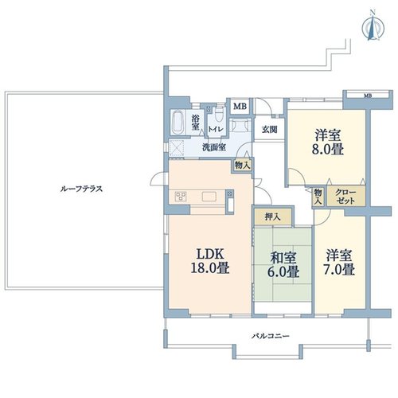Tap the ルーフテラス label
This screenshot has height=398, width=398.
coord(81,189)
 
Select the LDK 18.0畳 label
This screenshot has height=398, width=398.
coord(210,261)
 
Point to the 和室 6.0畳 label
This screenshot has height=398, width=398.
coord(283,264)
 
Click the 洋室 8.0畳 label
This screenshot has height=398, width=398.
coord(328,142)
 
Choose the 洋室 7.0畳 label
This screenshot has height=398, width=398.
coord(339,262)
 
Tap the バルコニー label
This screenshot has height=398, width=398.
coord(271,336)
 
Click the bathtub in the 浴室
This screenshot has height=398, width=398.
coord(178,123)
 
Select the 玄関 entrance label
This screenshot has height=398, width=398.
coord(270,130)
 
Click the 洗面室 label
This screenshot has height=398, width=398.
coord(214,147)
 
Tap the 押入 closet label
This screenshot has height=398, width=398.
coord(272,217)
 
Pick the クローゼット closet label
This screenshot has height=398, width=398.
coord(345,197)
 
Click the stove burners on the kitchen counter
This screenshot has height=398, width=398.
coord(181,197)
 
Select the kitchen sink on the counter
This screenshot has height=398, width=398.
coord(209,197)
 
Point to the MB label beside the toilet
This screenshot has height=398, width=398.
coord(240,107)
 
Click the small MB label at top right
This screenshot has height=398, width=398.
coord(368,96)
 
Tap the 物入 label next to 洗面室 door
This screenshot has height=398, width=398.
coord(242,166)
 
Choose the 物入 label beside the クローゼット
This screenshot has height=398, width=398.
coord(318,197)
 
